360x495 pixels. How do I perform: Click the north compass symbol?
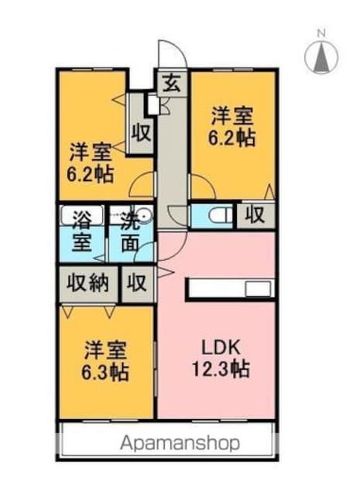coord(321,57)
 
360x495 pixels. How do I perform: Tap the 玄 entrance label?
coord(172,84)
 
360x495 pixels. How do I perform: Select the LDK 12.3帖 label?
coord(221,358)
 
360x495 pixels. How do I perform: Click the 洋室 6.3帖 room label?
coord(105,361)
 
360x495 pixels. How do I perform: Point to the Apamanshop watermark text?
coord(180,443)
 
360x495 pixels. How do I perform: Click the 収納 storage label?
coord(88,282)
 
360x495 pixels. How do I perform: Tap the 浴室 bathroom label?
coord(82,230)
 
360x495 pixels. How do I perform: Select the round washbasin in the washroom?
coord(145,215)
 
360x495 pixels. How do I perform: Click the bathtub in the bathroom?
coord(82,215)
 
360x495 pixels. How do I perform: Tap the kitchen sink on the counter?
coord(259,288)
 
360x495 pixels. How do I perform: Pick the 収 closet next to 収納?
coord(136,282)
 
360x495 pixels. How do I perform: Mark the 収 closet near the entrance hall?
coord(141,133)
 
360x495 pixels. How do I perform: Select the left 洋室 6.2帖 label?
coord(91,162)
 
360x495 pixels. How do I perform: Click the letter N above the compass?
coord(322,32)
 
